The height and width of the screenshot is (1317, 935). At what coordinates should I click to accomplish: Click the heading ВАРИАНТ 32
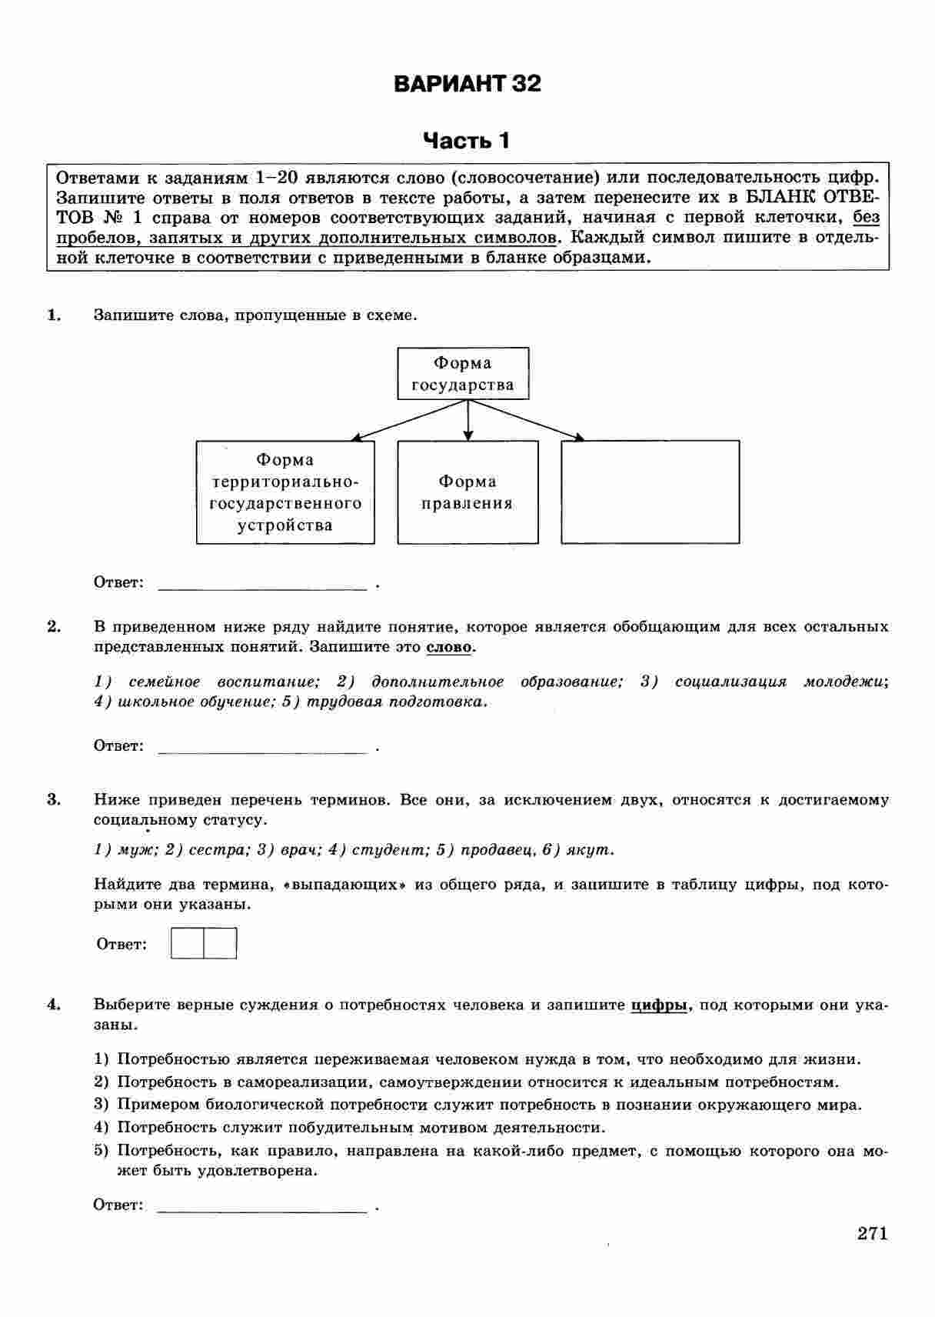point(467,83)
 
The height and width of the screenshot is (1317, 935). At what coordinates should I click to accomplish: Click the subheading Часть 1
point(467,141)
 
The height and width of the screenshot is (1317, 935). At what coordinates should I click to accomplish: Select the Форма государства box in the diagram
point(463,374)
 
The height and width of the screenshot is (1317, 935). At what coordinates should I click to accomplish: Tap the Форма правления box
point(467,492)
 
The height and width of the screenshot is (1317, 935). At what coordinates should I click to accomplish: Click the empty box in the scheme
point(651,492)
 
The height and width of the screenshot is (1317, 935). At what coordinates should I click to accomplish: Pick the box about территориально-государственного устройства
point(285,492)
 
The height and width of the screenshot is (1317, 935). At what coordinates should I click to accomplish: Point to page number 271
point(873,1234)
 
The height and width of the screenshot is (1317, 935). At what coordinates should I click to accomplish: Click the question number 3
point(54,799)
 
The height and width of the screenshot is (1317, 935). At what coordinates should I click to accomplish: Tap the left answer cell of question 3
point(187,944)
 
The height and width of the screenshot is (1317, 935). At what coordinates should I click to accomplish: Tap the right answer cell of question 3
point(220,944)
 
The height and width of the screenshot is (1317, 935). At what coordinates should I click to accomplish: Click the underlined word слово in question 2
point(449,647)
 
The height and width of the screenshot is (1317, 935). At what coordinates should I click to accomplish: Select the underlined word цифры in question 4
point(658,1005)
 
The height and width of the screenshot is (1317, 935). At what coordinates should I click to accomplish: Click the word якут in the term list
point(589,850)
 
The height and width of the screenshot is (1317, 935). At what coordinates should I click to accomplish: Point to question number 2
point(54,626)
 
